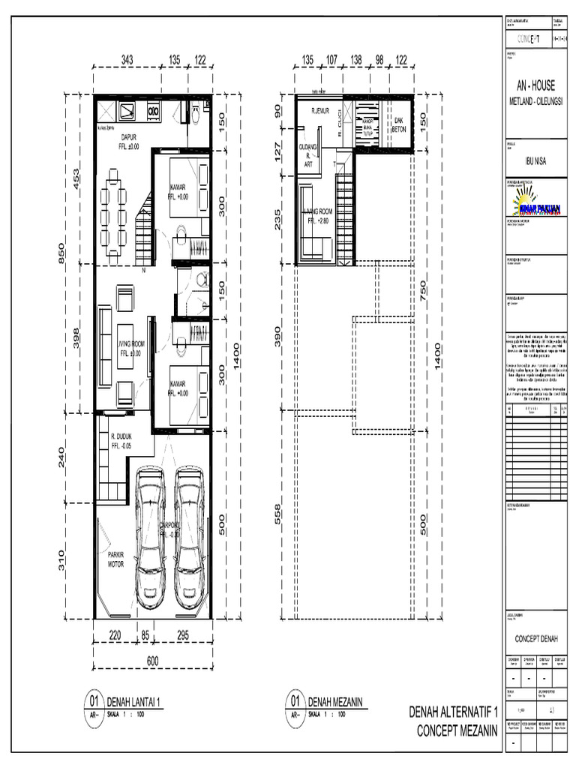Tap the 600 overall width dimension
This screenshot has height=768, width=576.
pos(152,660)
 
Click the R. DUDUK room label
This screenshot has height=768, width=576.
pos(121,439)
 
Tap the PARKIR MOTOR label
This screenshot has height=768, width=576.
pos(115,559)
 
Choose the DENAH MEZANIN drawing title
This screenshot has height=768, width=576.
pos(336,701)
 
